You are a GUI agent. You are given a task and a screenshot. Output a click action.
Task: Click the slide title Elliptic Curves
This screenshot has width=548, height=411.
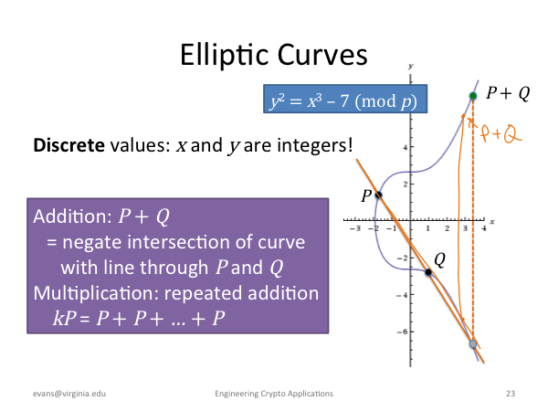click(274, 55)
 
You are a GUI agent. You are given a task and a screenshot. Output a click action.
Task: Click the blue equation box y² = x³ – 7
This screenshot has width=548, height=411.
click(345, 99)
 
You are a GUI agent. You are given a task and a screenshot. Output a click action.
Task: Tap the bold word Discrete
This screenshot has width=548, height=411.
click(68, 144)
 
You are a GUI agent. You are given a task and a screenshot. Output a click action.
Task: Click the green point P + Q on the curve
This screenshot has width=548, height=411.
click(473, 96)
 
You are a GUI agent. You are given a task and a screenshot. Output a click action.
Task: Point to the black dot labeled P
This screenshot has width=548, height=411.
click(378, 195)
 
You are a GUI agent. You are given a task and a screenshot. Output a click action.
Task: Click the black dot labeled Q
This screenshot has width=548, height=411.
click(428, 272)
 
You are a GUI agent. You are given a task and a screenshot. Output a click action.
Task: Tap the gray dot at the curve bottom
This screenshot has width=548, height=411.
click(473, 344)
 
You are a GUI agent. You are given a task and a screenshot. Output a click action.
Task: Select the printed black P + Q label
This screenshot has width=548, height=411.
click(508, 93)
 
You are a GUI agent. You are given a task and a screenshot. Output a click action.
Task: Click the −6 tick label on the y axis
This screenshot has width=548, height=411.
click(402, 332)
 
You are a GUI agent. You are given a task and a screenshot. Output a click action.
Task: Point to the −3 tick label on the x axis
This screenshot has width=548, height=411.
click(354, 228)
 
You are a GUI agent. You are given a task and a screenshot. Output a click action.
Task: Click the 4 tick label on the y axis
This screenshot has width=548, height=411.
click(406, 147)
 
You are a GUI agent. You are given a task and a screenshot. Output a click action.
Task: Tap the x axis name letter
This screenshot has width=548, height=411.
click(492, 222)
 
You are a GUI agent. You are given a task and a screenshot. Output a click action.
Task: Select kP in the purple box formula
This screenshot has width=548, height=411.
click(65, 318)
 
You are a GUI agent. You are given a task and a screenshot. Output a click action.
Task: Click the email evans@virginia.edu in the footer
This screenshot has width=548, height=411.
click(69, 394)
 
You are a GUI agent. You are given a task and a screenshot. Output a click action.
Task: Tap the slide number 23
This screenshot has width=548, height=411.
click(511, 394)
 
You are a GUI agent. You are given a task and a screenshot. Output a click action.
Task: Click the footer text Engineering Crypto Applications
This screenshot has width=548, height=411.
click(274, 394)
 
